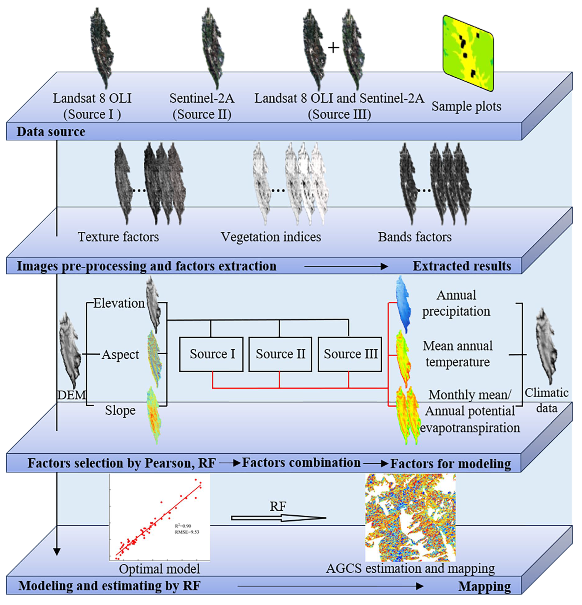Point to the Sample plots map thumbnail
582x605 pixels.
point(468,53)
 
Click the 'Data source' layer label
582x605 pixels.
point(51,132)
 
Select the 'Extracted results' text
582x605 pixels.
point(461,266)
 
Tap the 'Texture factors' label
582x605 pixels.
point(118,237)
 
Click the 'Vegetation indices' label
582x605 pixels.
point(271,237)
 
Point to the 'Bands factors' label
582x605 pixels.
point(415,237)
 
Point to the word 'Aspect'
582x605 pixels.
point(121,355)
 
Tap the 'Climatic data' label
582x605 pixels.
point(547,400)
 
